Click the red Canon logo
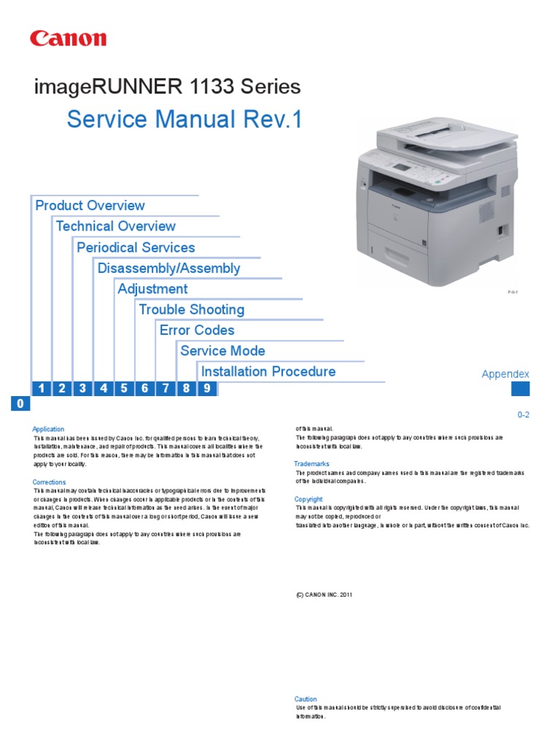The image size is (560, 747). (x=68, y=39)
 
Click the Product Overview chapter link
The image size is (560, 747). (x=90, y=206)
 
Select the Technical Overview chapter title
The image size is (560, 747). (x=116, y=226)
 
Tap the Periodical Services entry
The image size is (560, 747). (x=136, y=247)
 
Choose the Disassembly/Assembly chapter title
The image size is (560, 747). (x=169, y=268)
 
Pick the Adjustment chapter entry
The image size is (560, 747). (x=153, y=289)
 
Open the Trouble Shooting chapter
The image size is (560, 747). (x=192, y=309)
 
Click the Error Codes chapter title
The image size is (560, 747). (x=197, y=330)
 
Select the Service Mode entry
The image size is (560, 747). (x=223, y=351)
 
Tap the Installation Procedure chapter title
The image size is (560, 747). (x=268, y=371)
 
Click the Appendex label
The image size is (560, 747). (x=505, y=374)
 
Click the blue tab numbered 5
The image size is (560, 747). (x=125, y=389)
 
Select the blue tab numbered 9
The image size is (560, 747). (x=207, y=389)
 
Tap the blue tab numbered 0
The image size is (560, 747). (x=20, y=404)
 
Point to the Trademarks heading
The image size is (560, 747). (x=312, y=464)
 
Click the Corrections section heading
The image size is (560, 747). (x=49, y=482)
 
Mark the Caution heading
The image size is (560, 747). (x=306, y=699)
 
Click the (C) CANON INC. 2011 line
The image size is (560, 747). (x=324, y=595)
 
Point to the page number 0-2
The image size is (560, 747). (x=523, y=414)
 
